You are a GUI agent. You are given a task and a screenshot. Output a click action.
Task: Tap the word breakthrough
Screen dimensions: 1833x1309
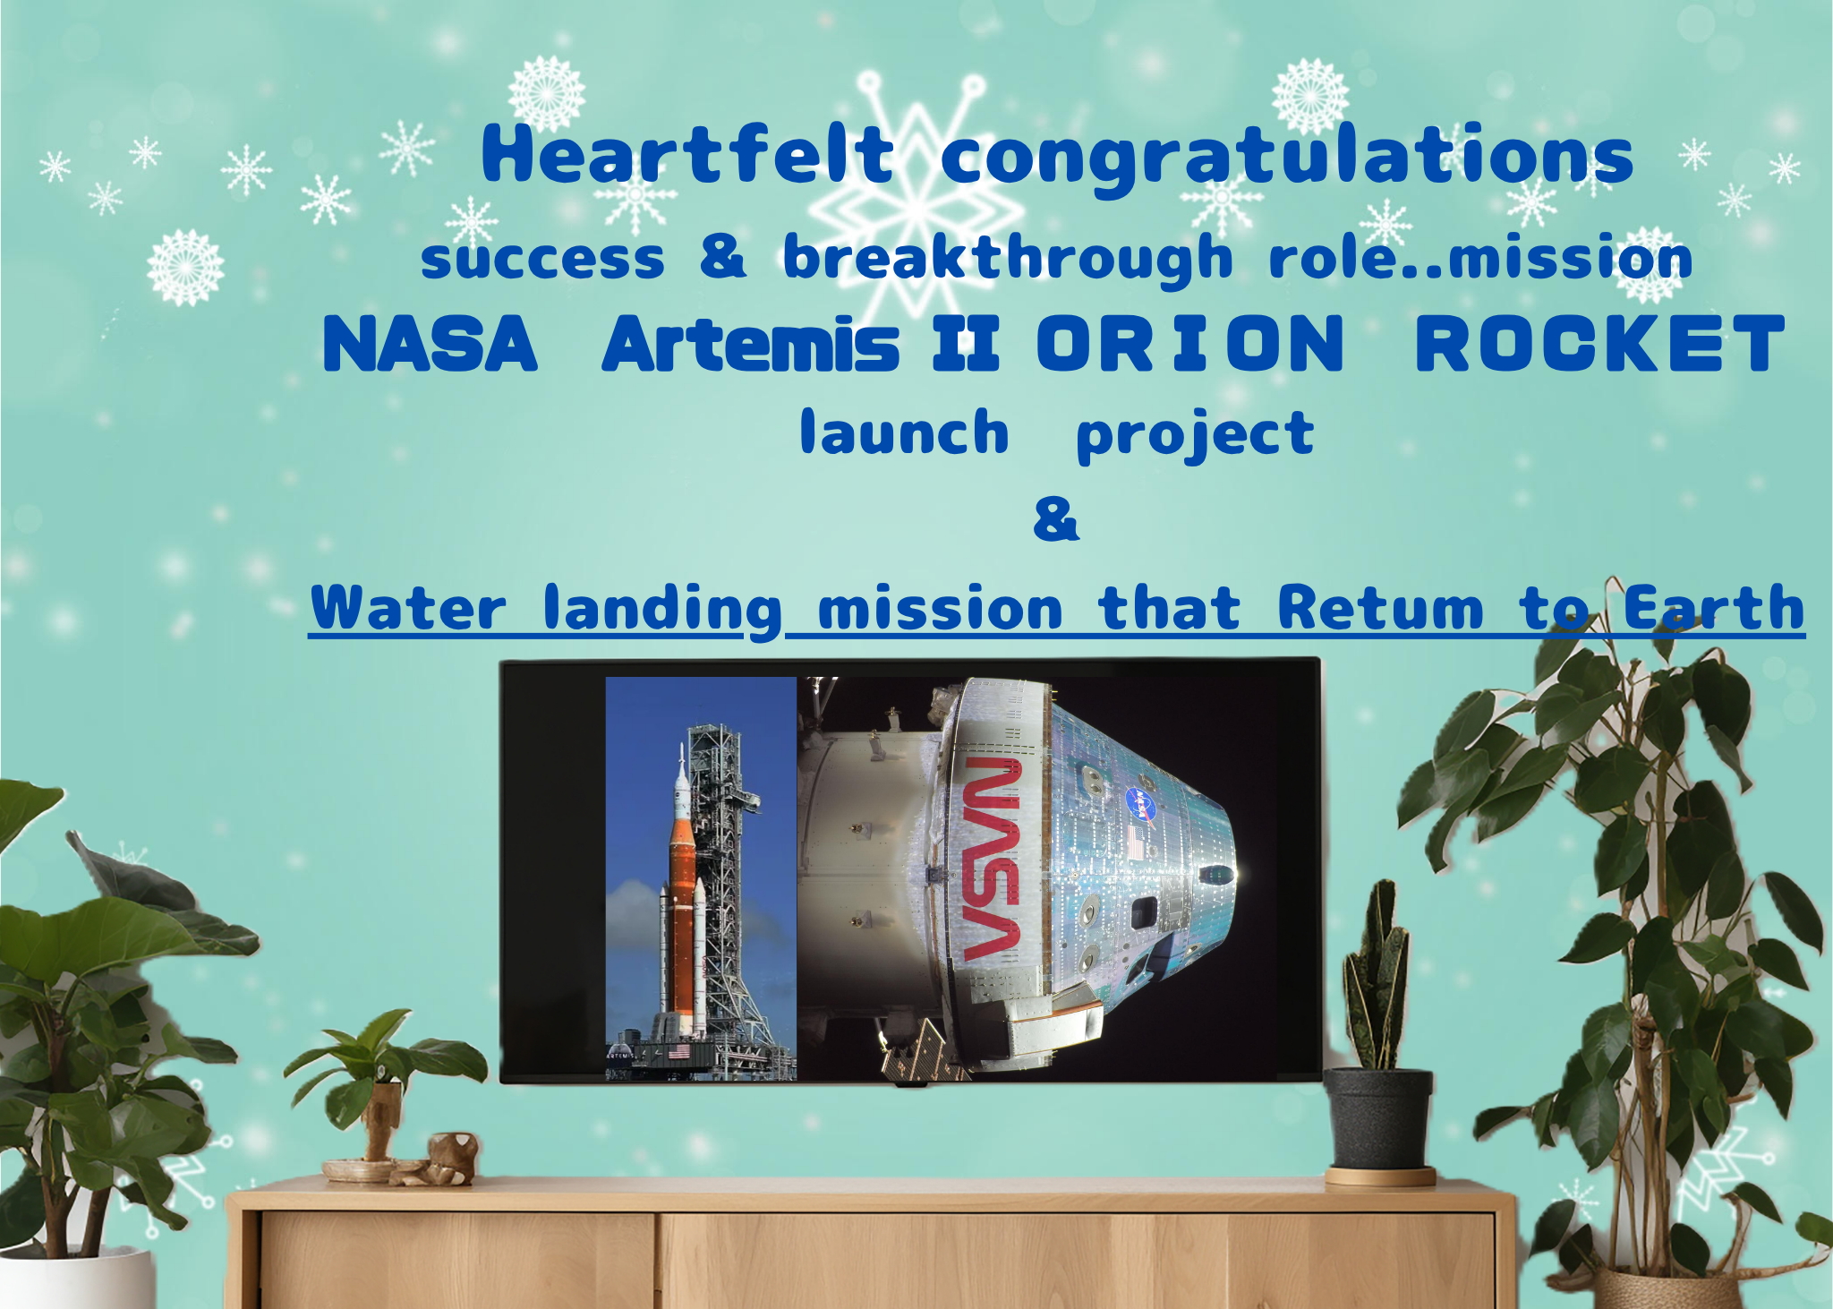1008,258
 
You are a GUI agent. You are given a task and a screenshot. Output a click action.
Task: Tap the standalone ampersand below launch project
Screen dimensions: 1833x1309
1056,519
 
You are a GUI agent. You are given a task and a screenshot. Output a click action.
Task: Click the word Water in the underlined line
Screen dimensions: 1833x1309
408,608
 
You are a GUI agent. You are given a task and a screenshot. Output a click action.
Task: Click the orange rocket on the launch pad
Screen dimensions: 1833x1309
682,895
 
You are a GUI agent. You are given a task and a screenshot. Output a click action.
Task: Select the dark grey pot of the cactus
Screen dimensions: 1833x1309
1377,1119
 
